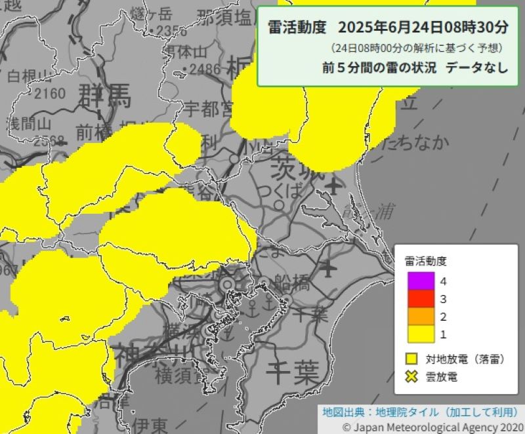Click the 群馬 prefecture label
(x=105, y=96)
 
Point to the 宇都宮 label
(x=209, y=107)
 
